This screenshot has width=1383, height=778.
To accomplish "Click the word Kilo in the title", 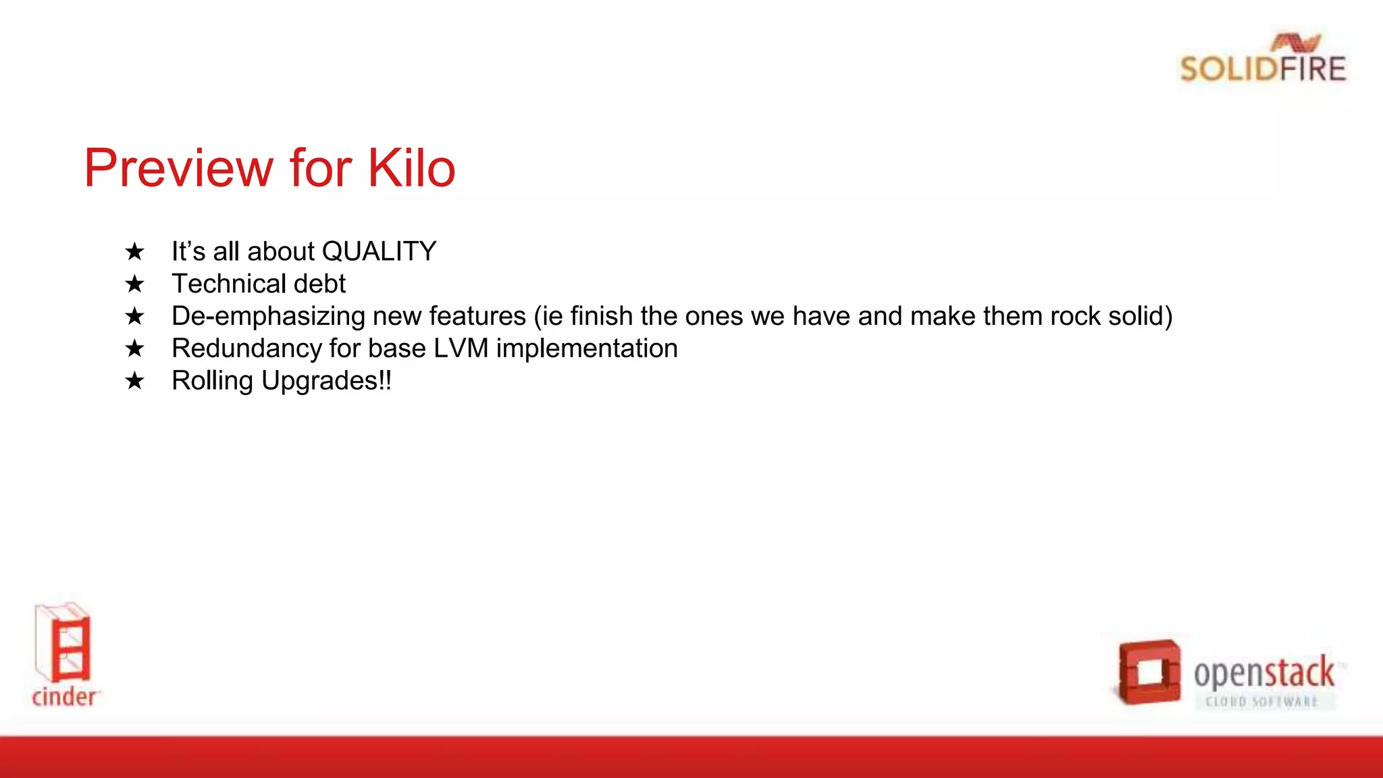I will [411, 168].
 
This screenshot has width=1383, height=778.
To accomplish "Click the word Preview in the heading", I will [179, 168].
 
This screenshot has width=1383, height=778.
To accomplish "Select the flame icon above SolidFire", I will [1295, 43].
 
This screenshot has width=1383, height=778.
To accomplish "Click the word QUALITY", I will [379, 251].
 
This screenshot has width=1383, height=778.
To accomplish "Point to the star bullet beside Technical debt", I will [135, 284].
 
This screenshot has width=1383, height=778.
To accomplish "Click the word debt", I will [319, 284].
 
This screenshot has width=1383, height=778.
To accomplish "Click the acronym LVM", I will [461, 348].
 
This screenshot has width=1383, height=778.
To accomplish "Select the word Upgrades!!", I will [326, 381].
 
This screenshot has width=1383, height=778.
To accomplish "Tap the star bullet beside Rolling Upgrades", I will [135, 381].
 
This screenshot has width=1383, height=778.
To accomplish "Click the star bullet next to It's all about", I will [135, 252].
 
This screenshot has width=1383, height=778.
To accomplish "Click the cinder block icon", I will [63, 643].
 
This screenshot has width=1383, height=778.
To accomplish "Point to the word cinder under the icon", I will [64, 696].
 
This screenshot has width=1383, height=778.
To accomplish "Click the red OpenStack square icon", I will [1149, 672].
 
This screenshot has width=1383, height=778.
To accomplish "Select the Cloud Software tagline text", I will [1261, 702].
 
